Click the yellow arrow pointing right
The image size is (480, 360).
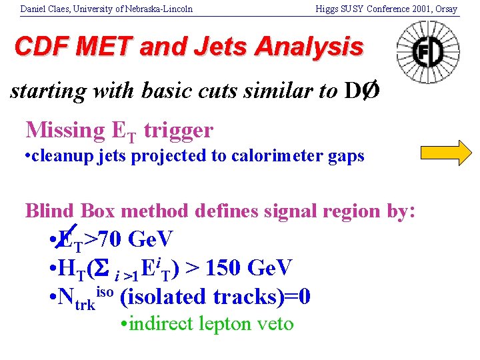[x=446, y=153]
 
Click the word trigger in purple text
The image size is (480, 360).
[x=181, y=130]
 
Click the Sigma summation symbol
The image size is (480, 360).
[x=104, y=267]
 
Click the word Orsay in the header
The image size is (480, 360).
[x=447, y=9]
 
